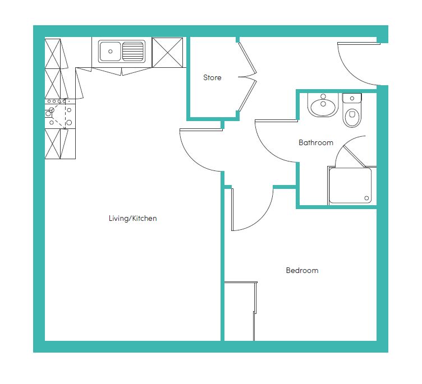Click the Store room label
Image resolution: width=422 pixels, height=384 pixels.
pos(212,78)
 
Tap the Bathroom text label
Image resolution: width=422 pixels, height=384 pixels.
pos(316,142)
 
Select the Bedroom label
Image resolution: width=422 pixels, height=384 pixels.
pos(302,270)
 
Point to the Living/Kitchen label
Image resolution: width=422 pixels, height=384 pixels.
pos(132,219)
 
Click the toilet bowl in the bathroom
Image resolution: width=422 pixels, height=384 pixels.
pos(352,117)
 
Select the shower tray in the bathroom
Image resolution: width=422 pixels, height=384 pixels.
pos(350,186)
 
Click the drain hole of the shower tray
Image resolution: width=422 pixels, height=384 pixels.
pos(366,198)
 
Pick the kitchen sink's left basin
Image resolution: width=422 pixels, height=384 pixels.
pos(110,52)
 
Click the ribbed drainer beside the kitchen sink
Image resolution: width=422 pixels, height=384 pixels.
pos(133,52)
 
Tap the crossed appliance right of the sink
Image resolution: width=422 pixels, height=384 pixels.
pos(167,53)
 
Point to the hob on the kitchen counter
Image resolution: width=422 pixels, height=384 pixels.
pos(60,113)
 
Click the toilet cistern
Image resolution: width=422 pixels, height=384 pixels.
pos(352,98)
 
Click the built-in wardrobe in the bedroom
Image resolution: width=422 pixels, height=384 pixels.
pos(240,311)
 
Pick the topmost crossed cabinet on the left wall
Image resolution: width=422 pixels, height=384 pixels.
pos(53,53)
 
